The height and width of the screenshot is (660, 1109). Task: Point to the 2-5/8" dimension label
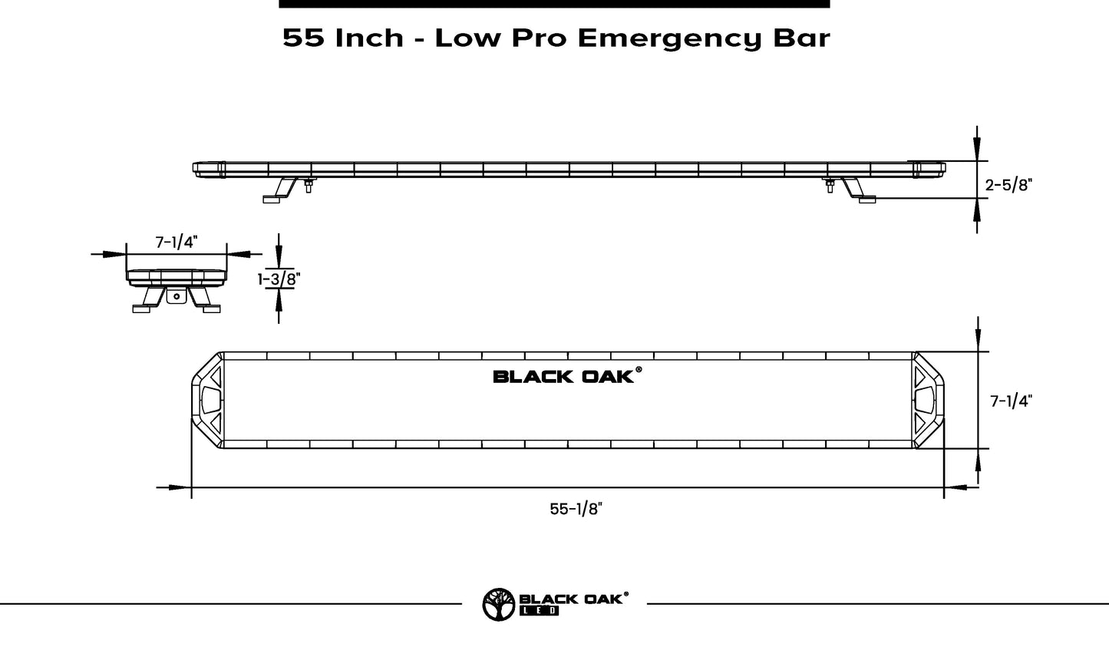pos(1008,184)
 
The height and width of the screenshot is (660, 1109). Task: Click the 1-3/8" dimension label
pos(278,279)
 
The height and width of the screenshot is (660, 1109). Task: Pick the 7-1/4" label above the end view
pos(177,243)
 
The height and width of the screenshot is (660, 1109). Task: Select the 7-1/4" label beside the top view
pos(1011,401)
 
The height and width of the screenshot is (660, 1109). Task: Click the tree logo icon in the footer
pos(499,604)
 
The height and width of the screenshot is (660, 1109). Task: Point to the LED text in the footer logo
pos(540,611)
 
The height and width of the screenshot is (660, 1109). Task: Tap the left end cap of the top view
pos(207,401)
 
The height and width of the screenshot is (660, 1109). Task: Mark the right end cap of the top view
pos(928,401)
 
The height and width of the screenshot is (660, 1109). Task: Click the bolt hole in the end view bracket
pos(177,296)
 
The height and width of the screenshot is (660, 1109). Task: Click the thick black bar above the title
pos(554,4)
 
